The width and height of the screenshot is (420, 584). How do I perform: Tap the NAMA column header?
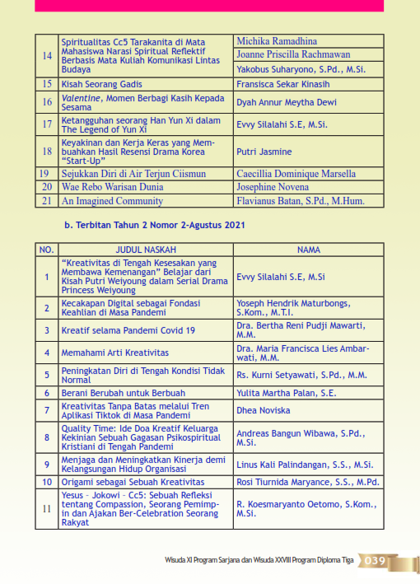point(309,250)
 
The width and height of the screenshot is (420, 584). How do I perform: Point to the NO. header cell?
point(47,250)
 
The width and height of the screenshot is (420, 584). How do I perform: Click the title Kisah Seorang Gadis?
point(100,84)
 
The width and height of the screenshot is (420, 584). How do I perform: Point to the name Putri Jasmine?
point(264,152)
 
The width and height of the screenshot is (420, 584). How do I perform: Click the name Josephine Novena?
point(273,187)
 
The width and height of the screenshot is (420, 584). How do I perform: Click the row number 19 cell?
point(47,174)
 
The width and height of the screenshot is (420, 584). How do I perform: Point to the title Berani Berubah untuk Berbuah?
point(123,394)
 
